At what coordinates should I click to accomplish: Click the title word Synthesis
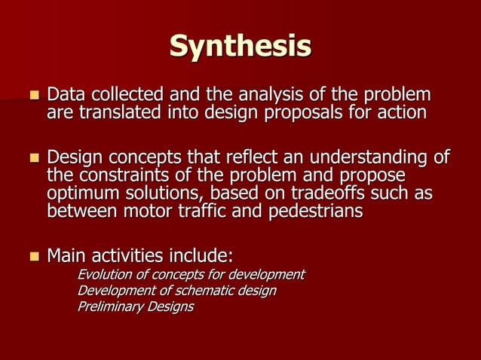pos(240,46)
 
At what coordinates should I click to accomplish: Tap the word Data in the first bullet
pos(65,96)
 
